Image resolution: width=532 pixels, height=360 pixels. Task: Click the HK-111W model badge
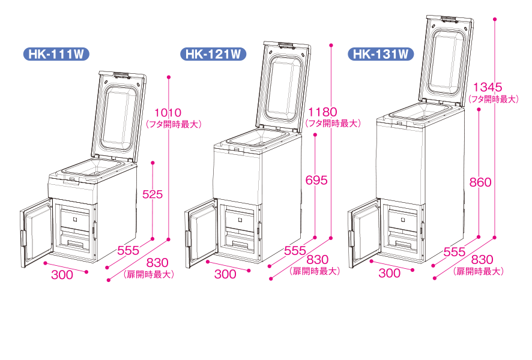pyautogui.click(x=55, y=54)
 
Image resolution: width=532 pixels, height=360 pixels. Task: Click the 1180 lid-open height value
pyautogui.click(x=322, y=112)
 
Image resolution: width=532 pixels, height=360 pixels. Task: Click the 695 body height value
pyautogui.click(x=316, y=179)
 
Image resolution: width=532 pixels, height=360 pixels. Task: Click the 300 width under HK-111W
pyautogui.click(x=62, y=275)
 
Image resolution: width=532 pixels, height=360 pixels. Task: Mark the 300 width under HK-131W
pyautogui.click(x=390, y=273)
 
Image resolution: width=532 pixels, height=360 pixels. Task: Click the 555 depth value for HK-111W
pyautogui.click(x=128, y=250)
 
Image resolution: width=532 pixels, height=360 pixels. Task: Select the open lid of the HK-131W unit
pyautogui.click(x=446, y=60)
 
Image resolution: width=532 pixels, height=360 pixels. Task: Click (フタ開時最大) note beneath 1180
pyautogui.click(x=332, y=124)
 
